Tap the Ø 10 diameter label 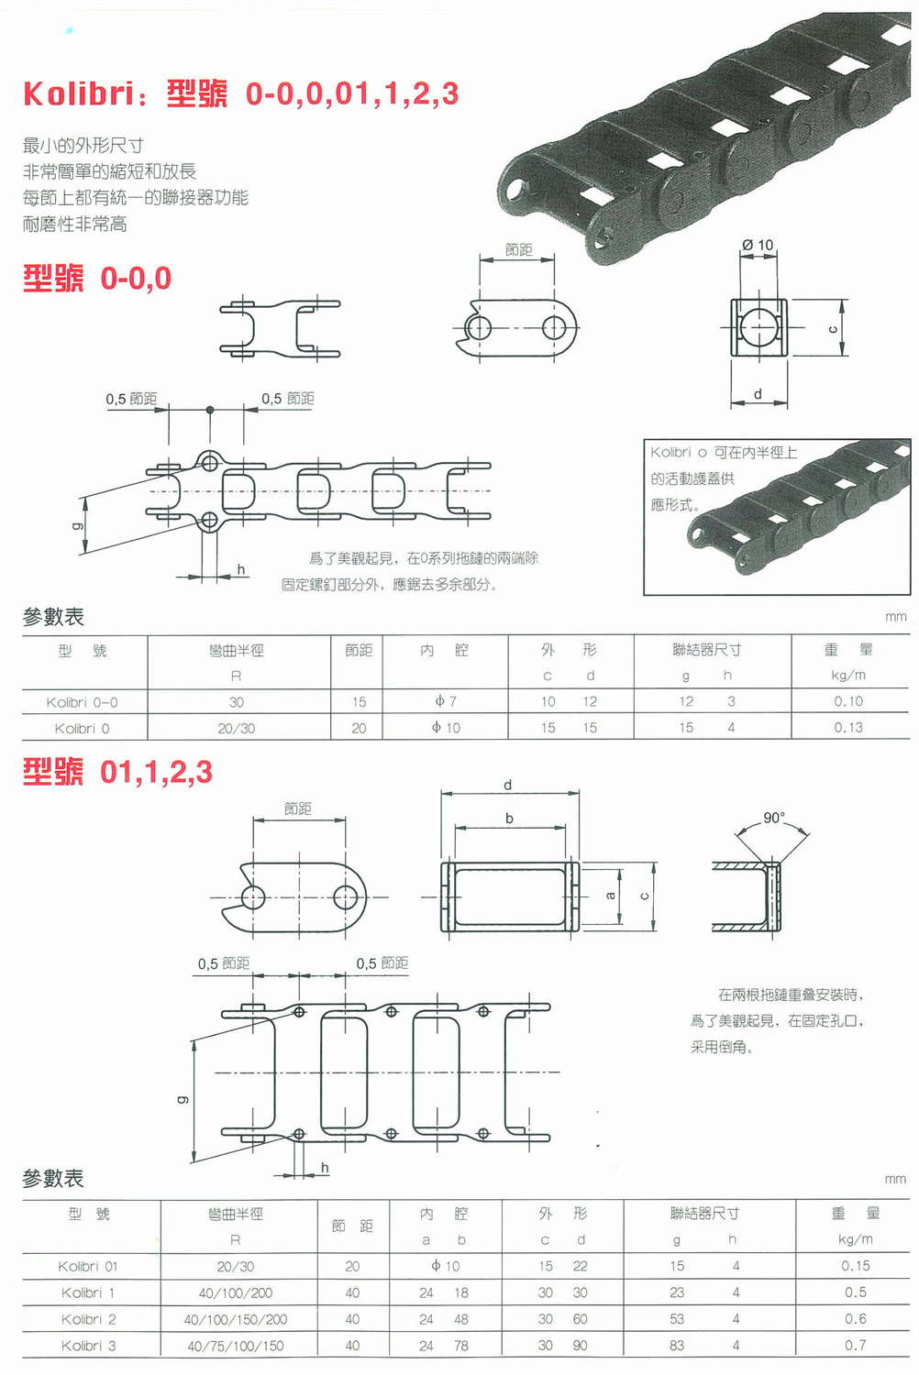tap(758, 245)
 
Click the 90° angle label tap(773, 818)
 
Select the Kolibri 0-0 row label tap(82, 702)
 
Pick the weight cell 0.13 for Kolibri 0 tap(847, 728)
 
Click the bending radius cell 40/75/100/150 tap(236, 1346)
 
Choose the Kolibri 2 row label tap(88, 1319)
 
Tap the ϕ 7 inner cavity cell tap(446, 701)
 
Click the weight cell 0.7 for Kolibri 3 tap(855, 1345)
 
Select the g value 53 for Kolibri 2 tap(677, 1319)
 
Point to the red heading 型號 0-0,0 tap(97, 279)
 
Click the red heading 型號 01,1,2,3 tap(117, 772)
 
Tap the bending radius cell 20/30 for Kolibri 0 tap(237, 728)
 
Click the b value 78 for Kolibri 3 tap(460, 1346)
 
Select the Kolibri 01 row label tap(88, 1266)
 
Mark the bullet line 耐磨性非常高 tap(75, 225)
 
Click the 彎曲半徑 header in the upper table tap(237, 651)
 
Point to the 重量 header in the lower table tap(855, 1214)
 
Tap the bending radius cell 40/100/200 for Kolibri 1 tap(236, 1292)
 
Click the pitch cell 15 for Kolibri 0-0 tap(359, 702)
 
